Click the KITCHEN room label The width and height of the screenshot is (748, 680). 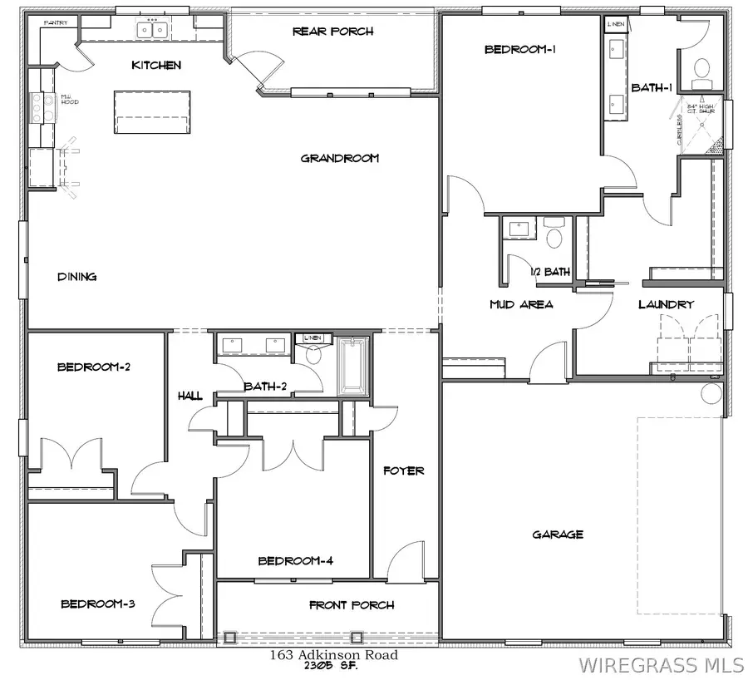tap(156, 65)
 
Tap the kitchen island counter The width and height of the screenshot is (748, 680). tap(150, 112)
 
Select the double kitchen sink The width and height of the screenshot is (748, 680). tap(152, 30)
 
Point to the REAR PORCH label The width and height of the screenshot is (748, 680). tap(332, 32)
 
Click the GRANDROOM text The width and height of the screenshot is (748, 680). tap(340, 158)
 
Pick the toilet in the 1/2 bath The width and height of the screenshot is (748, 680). tap(554, 235)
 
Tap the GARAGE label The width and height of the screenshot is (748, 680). tap(558, 535)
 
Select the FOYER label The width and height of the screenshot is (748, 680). tap(403, 471)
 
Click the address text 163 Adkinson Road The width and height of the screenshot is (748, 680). tap(333, 655)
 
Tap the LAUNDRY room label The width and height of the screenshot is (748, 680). tap(666, 304)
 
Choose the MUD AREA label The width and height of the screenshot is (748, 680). tap(521, 304)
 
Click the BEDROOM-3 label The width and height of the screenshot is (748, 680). tap(98, 604)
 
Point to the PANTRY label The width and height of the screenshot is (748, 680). tap(56, 23)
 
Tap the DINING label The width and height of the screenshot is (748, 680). tap(76, 277)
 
